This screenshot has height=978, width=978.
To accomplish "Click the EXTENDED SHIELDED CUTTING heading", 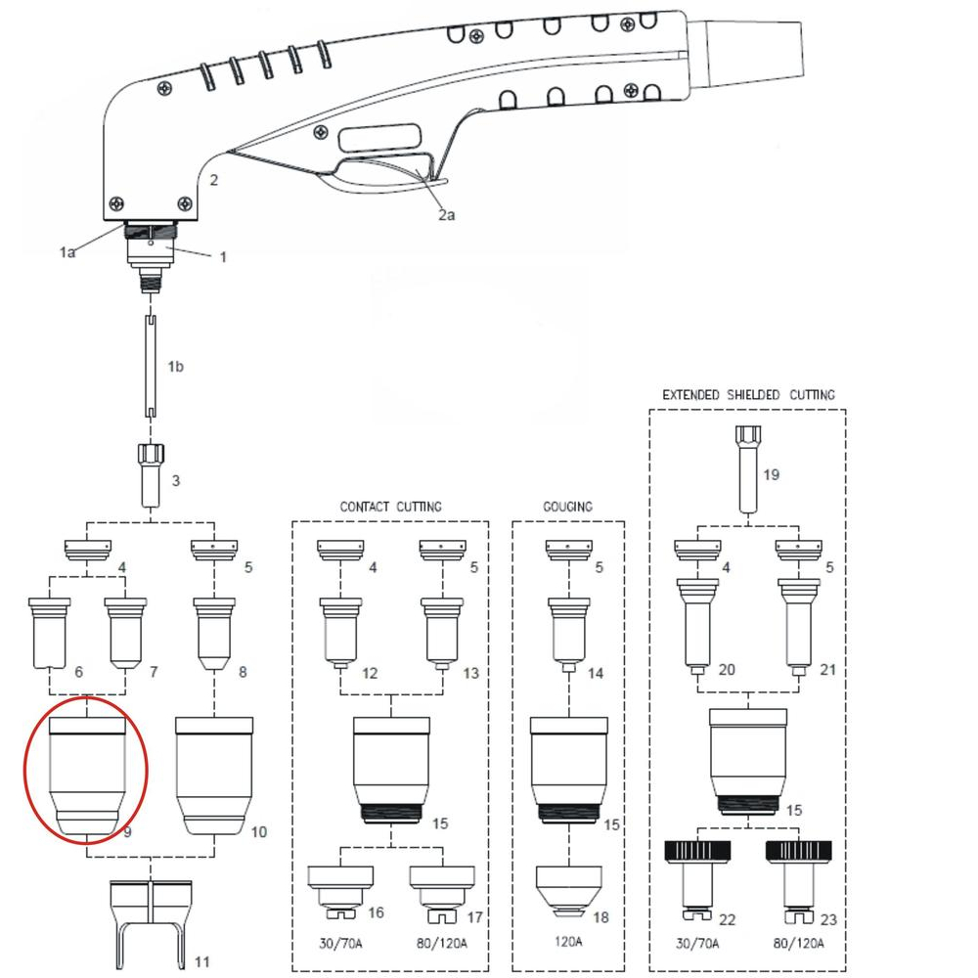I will pos(748,395).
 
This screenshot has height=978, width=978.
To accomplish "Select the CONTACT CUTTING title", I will pos(390,507).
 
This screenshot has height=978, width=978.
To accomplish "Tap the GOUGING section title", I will pos(568,507).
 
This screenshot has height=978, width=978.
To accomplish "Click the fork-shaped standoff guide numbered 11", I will pos(149,919).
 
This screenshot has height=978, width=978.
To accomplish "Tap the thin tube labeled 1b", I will pos(152,367).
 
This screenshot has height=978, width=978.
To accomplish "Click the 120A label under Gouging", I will pos(566,944).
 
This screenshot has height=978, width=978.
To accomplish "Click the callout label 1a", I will pos(67,252).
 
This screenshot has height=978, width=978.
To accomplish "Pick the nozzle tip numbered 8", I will pos(212,635).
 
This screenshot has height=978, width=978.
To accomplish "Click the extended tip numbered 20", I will pos(697,625).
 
